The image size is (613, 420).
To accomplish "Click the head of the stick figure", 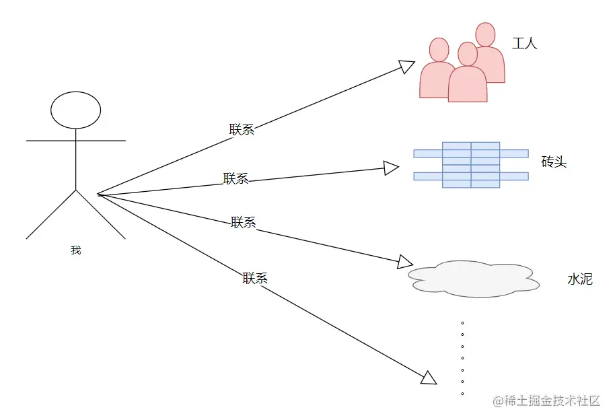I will coord(76,110).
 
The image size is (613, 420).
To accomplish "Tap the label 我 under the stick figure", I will coord(75,250).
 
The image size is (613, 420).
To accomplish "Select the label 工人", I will coord(525,44).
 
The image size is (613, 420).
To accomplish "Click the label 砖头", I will coord(554,162).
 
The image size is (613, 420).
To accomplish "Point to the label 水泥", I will coord(580,279).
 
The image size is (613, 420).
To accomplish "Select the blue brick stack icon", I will coord(471,165).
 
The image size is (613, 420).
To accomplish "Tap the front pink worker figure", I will coord(468,77).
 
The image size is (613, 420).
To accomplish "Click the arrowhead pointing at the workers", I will coord(407,66).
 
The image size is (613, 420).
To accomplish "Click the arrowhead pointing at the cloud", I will coord(405,262).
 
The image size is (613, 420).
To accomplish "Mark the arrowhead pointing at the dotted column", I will coord(429,378).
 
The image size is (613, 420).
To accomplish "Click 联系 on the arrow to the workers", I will coord(242,130).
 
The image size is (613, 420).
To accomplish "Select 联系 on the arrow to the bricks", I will coord(236,178).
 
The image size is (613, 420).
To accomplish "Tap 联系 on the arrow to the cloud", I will coord(244,222).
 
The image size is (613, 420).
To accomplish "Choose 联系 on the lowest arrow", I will coord(255,278).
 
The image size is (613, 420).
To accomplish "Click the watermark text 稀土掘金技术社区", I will coord(552,400).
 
